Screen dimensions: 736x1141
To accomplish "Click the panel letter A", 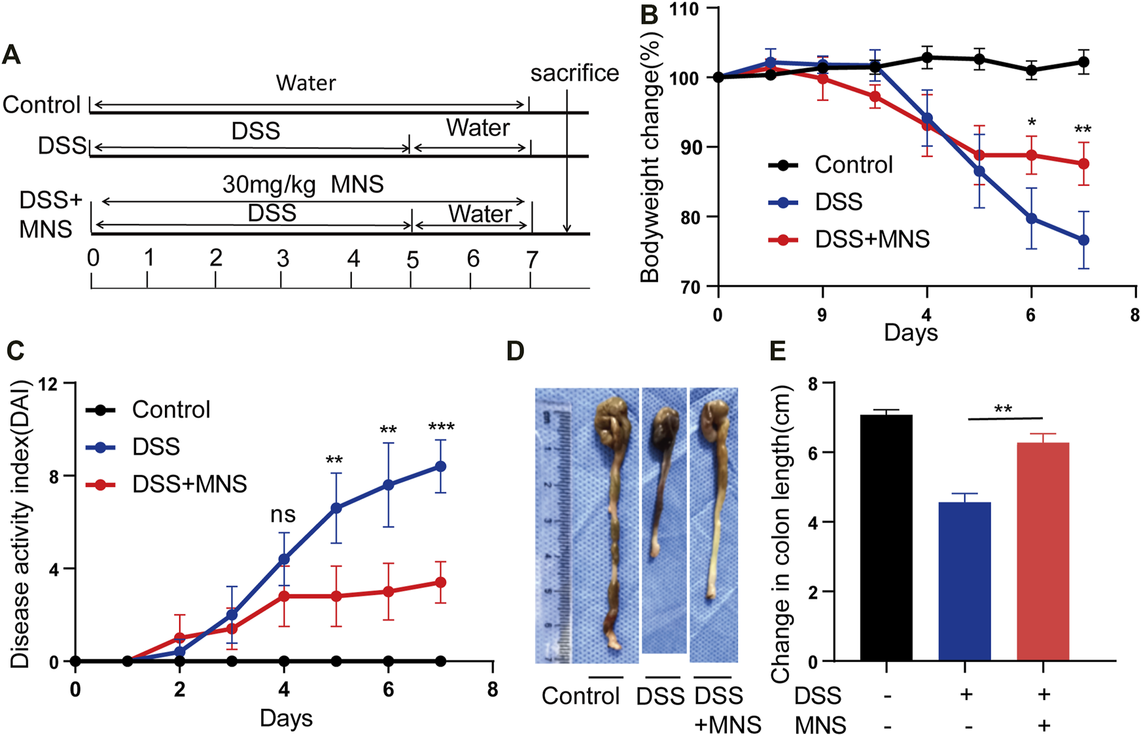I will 12,54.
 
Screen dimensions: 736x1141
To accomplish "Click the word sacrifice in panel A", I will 574,73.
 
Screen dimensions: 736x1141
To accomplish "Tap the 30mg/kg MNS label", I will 302,185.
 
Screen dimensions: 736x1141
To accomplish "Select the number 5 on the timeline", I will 412,260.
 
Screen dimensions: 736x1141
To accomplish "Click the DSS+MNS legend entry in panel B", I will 871,240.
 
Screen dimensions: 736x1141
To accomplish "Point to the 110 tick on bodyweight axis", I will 683,9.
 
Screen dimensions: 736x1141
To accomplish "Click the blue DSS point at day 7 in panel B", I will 1083,240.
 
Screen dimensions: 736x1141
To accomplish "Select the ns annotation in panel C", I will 283,515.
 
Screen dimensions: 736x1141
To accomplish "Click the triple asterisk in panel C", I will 441,428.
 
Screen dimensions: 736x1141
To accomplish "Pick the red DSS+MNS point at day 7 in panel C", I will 440,582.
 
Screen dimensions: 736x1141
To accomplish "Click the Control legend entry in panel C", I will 171,410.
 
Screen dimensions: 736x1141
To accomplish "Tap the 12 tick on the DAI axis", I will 48,384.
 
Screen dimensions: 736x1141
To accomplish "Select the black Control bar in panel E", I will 886,537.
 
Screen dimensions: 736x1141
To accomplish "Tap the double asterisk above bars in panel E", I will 1003,410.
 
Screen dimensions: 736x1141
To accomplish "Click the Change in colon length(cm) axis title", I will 782,534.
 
